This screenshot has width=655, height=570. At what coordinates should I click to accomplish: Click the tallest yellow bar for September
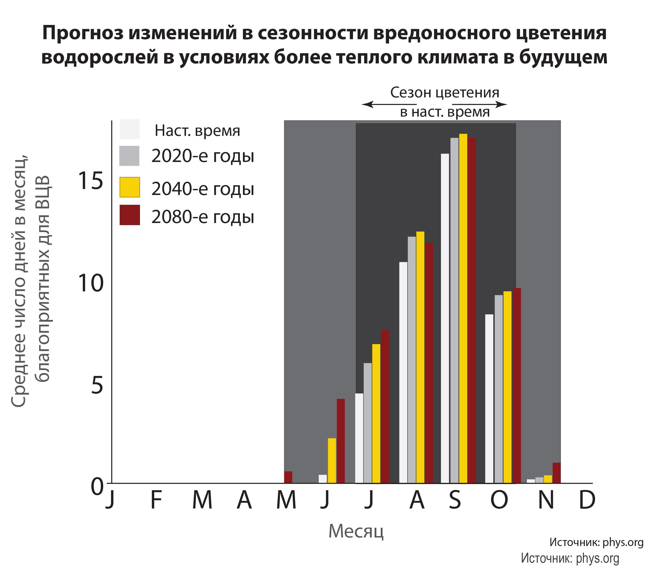463,308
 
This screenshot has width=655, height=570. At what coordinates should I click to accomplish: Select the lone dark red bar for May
288,477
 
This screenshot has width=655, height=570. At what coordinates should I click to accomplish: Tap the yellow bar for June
332,461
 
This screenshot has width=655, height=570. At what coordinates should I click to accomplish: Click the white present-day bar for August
403,372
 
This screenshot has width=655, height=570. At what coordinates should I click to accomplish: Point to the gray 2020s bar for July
367,423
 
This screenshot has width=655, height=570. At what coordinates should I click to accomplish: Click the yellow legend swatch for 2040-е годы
130,187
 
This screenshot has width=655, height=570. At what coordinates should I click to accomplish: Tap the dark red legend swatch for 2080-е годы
130,215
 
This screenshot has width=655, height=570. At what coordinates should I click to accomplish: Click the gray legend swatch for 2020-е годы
129,156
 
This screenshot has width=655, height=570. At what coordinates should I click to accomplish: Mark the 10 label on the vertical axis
91,283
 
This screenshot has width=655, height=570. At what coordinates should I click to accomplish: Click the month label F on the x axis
156,500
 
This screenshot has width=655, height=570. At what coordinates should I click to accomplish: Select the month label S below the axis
455,500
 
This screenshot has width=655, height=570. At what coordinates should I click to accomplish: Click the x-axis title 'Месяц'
356,531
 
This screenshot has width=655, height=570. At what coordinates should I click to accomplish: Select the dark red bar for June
340,441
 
